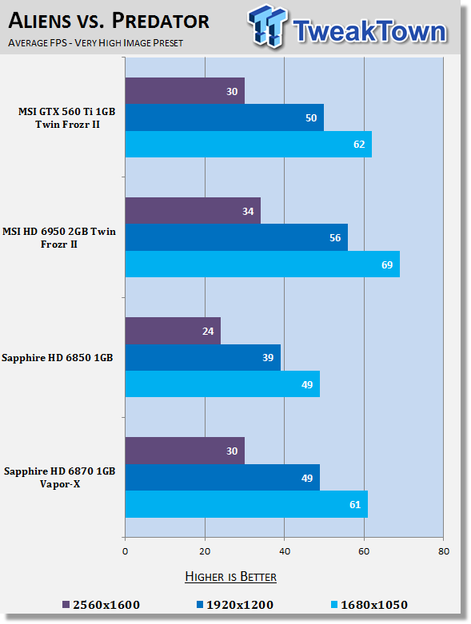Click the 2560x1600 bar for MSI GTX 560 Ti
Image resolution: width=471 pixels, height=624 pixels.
tap(185, 91)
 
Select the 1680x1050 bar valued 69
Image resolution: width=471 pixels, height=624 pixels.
tap(262, 264)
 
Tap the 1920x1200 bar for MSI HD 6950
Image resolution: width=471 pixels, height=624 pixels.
tap(237, 237)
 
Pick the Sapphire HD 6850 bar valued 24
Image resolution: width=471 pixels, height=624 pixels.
tap(173, 331)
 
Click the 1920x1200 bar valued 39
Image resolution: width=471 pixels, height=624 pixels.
tap(202, 357)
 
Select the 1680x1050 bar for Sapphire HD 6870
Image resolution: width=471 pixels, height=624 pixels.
tap(246, 504)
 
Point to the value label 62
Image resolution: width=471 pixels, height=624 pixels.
tap(359, 145)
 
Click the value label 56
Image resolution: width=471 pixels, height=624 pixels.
tap(335, 238)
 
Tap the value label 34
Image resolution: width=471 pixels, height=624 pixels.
tap(248, 211)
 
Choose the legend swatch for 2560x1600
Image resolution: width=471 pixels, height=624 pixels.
tap(66, 605)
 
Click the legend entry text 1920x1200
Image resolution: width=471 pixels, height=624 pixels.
tap(240, 605)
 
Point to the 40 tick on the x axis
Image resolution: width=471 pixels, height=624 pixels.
tap(284, 551)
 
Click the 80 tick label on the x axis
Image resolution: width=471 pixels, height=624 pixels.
tap(444, 551)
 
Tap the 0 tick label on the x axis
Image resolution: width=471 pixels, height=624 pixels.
tap(125, 551)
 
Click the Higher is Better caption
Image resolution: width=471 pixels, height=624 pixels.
tap(230, 577)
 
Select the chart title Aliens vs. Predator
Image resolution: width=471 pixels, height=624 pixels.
tap(109, 21)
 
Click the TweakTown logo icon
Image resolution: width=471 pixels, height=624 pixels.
tap(267, 26)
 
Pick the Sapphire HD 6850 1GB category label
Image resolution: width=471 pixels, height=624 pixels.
tap(58, 358)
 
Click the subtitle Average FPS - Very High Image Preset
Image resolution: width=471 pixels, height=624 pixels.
tap(95, 42)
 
